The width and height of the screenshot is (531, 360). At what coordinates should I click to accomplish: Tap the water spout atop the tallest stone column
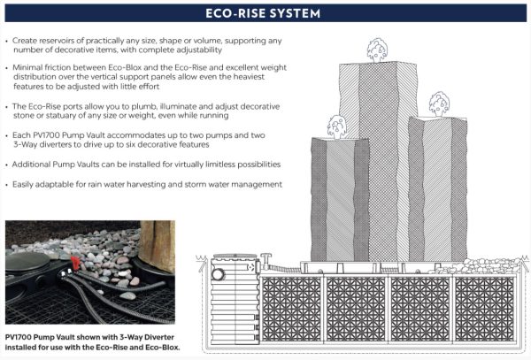(x=377, y=50)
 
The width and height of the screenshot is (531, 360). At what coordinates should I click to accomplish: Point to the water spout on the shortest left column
(x=336, y=126)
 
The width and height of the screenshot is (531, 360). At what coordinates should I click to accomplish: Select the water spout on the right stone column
(x=439, y=104)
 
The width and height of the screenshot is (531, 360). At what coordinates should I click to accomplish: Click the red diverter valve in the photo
(x=75, y=263)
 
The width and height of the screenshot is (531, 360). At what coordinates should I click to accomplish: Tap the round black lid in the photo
(x=27, y=261)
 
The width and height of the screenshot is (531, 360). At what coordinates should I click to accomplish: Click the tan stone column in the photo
(x=156, y=246)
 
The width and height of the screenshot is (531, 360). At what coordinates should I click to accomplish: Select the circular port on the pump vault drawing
(x=218, y=273)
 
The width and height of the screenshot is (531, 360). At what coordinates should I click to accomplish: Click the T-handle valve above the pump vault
(x=266, y=259)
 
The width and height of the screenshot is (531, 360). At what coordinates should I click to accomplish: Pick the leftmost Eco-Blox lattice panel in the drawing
(x=291, y=309)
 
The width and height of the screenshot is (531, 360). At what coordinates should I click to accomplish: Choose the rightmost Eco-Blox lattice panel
(x=485, y=309)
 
